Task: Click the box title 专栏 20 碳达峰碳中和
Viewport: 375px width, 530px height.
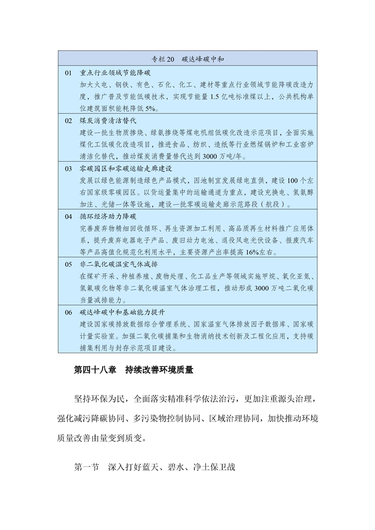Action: click(x=187, y=59)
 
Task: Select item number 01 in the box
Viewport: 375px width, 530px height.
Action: click(x=68, y=73)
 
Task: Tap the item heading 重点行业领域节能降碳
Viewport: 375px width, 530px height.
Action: click(x=113, y=73)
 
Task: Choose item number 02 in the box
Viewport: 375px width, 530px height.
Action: click(x=69, y=120)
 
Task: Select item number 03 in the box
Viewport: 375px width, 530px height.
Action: click(x=69, y=169)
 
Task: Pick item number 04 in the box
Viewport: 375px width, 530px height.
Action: click(x=69, y=217)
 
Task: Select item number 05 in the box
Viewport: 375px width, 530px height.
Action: click(x=69, y=265)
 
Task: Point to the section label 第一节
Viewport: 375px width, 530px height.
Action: click(x=87, y=468)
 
